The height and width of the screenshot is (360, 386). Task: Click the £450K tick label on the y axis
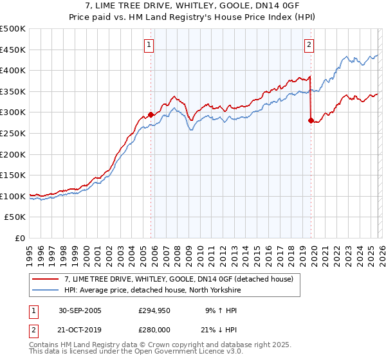click(x=13, y=50)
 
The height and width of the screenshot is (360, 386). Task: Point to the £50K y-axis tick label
click(x=15, y=217)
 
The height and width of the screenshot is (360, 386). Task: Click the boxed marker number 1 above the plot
click(x=149, y=45)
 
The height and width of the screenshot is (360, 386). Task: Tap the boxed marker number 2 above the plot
click(x=309, y=45)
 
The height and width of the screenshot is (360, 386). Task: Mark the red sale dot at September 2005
click(x=151, y=114)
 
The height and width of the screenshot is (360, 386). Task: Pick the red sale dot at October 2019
click(x=311, y=120)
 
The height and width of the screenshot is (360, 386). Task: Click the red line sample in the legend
click(x=46, y=279)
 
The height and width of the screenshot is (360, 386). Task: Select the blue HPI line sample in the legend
click(x=46, y=290)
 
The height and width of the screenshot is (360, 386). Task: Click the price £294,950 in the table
click(x=155, y=310)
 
